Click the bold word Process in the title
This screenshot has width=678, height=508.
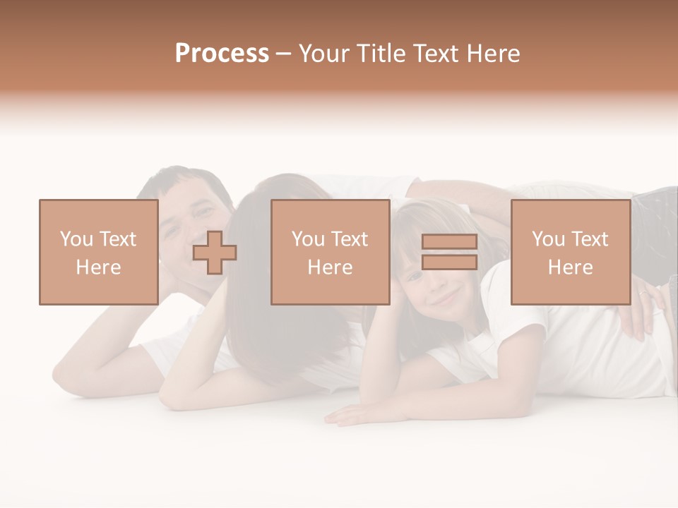(222, 54)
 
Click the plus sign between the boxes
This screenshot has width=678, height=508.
(215, 253)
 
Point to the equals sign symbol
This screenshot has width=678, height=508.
(449, 253)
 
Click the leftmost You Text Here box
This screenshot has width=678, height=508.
(98, 253)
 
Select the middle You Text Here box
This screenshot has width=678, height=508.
(330, 253)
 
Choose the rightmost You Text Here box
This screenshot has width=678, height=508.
(570, 253)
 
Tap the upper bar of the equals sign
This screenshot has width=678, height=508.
(449, 243)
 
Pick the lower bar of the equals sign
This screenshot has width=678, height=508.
(449, 262)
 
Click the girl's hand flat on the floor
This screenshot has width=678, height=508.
(353, 415)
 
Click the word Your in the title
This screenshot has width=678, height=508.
(324, 54)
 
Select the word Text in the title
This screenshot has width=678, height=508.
(434, 54)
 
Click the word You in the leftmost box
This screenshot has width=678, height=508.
(76, 239)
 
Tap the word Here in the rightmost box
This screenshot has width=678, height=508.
(570, 267)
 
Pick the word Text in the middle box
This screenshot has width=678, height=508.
(350, 239)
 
